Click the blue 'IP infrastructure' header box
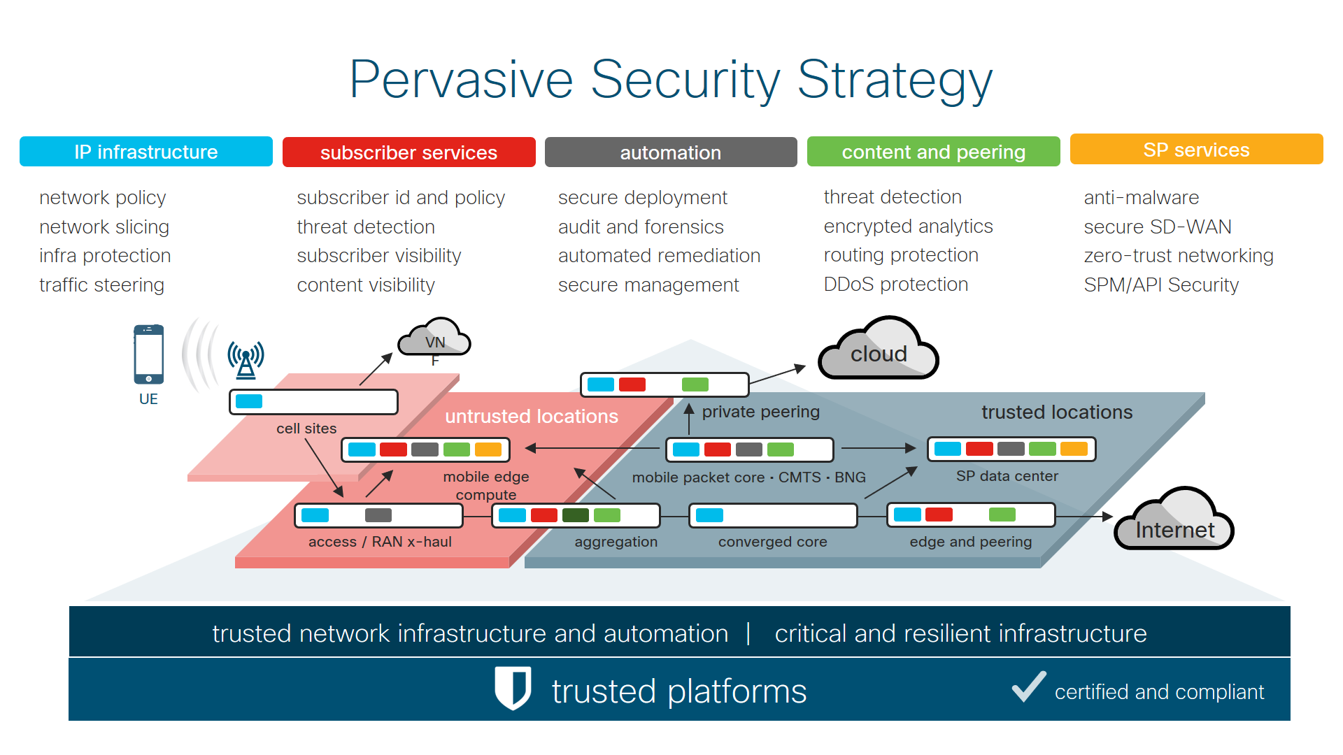145,152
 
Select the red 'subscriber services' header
408,152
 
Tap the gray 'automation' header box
670,152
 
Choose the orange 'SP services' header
1196,150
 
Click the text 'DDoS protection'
895,285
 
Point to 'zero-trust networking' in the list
1178,256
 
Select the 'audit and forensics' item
641,227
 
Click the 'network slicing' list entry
104,227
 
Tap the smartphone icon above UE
148,354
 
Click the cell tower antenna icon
246,359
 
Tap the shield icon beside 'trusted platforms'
513,687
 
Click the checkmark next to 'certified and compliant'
1029,686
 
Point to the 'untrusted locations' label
532,417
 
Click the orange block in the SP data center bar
1074,449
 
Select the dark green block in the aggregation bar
575,515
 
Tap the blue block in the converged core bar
709,515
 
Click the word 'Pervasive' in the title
461,80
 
